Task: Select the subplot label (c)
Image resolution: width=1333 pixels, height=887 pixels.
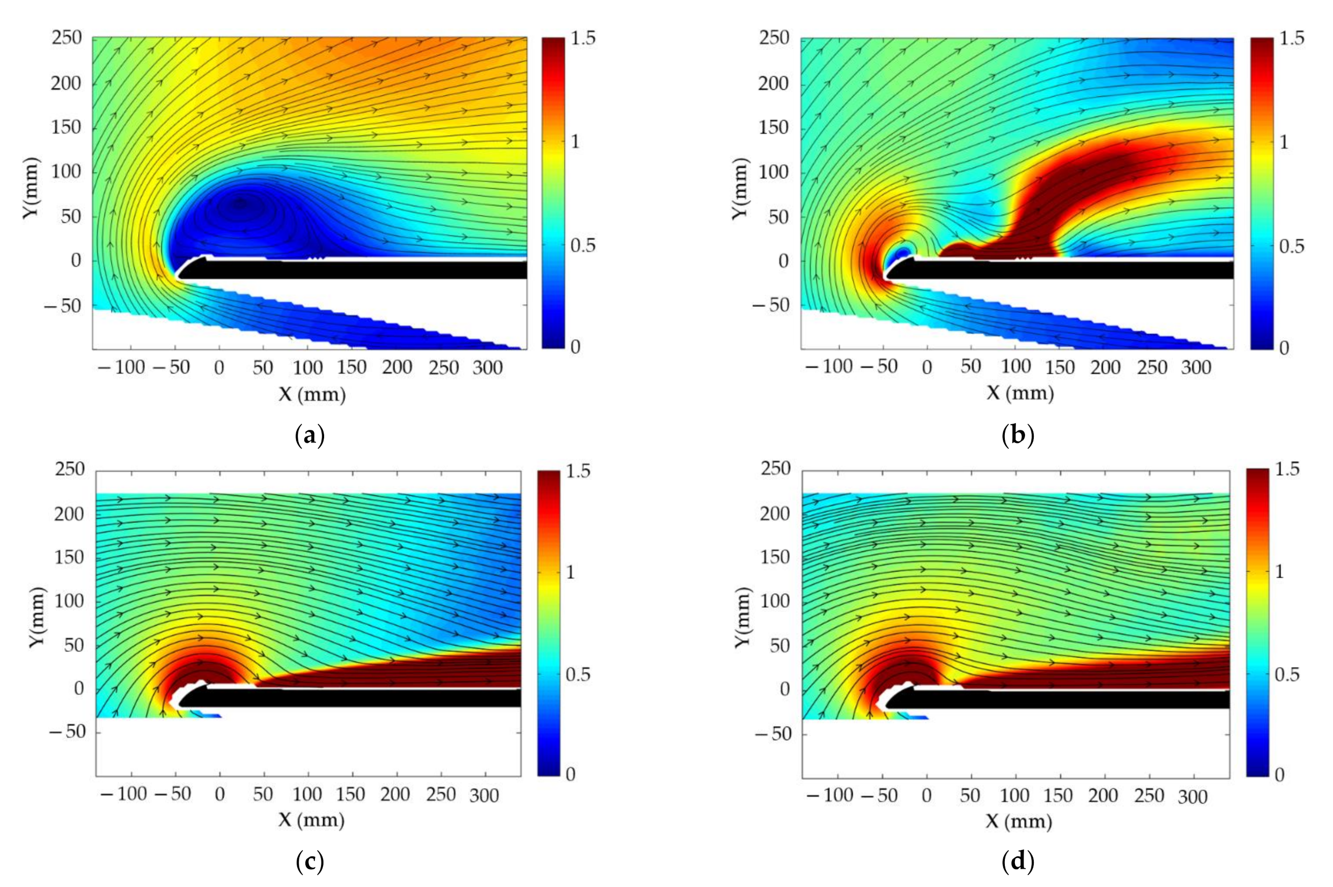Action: [310, 862]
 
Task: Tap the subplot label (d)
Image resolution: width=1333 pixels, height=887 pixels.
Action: [1018, 862]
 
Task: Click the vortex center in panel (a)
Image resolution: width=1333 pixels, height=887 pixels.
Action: [240, 204]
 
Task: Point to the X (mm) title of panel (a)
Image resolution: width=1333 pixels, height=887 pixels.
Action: [312, 394]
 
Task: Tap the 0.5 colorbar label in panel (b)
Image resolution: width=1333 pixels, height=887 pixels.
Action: [1292, 246]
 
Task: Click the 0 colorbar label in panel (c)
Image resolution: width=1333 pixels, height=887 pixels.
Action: [570, 774]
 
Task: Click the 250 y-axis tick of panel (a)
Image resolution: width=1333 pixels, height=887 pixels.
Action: [67, 38]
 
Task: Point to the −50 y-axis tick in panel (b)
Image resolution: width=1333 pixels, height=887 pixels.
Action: [771, 305]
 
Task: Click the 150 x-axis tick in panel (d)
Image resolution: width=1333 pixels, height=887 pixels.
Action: [1058, 795]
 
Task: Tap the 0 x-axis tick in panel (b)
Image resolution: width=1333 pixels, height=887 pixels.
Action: [927, 368]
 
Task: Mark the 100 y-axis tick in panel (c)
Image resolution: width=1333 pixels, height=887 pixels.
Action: [69, 601]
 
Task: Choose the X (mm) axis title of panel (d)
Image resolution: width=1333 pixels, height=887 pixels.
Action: [1019, 821]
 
